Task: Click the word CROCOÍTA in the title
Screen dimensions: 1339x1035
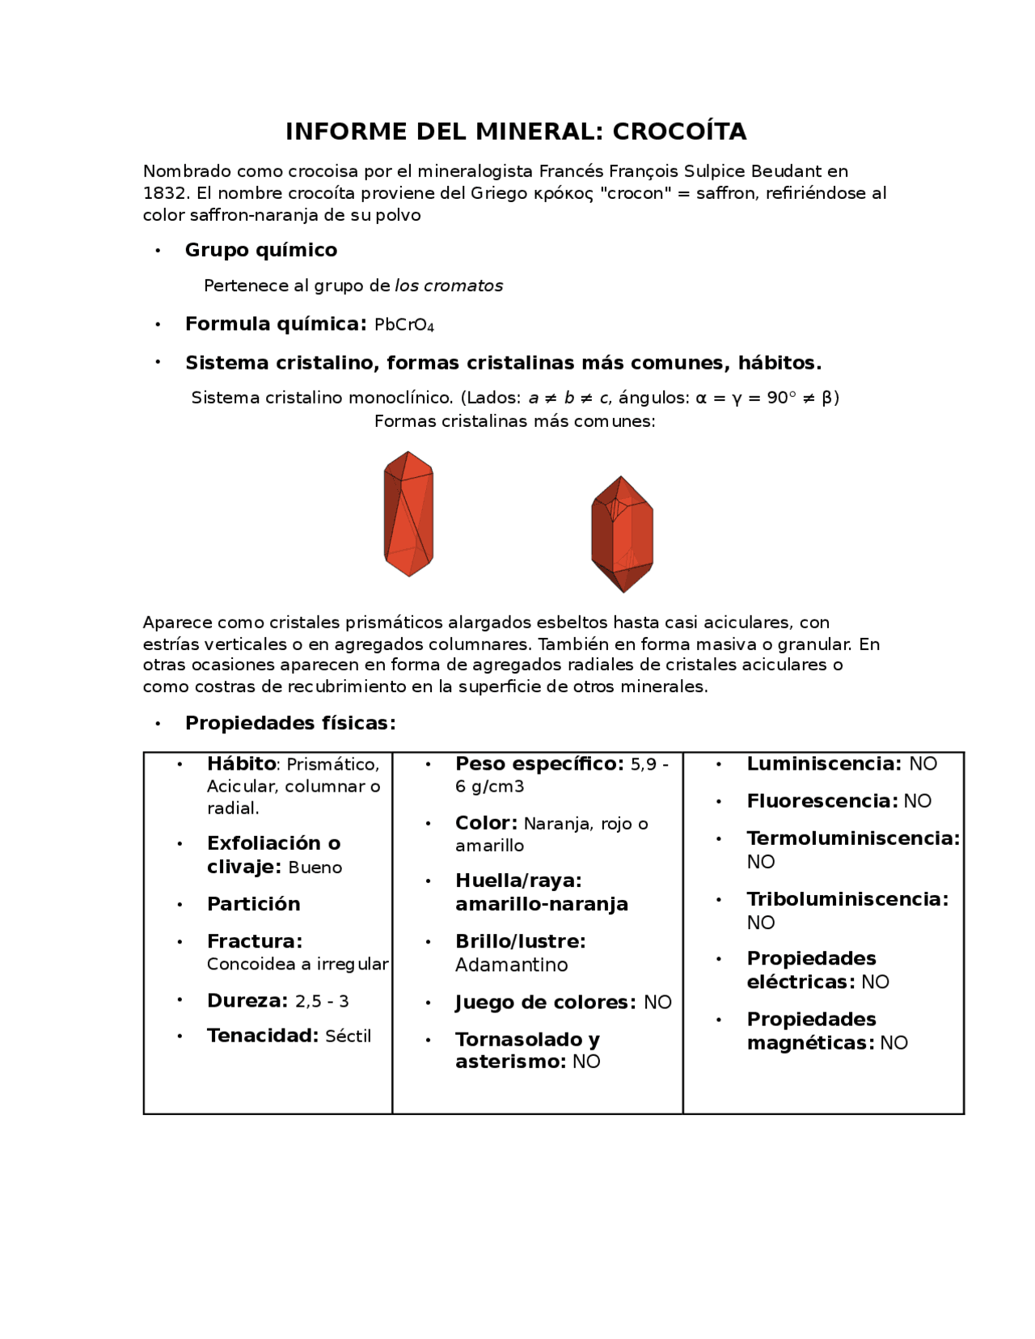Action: pos(679,131)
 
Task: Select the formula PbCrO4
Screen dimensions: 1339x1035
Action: pos(404,325)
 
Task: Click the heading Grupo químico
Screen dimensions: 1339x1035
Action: pos(261,250)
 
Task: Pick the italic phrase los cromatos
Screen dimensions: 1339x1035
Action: pos(449,285)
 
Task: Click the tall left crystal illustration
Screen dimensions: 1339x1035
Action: pos(408,514)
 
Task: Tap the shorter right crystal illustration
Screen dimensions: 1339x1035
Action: pos(622,534)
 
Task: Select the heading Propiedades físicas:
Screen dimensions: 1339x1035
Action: pos(290,723)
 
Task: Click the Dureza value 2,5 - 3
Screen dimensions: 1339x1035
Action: pos(322,1001)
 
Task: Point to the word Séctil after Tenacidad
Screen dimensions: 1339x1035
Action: pos(348,1036)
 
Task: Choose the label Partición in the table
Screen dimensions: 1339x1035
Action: pos(253,904)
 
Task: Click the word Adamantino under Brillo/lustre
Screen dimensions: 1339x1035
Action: pos(511,965)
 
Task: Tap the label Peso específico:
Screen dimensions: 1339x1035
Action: pos(539,764)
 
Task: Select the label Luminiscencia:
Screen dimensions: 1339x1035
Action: pos(824,764)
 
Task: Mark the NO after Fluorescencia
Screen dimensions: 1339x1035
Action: pos(917,801)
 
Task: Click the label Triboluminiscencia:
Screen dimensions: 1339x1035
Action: pos(847,899)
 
